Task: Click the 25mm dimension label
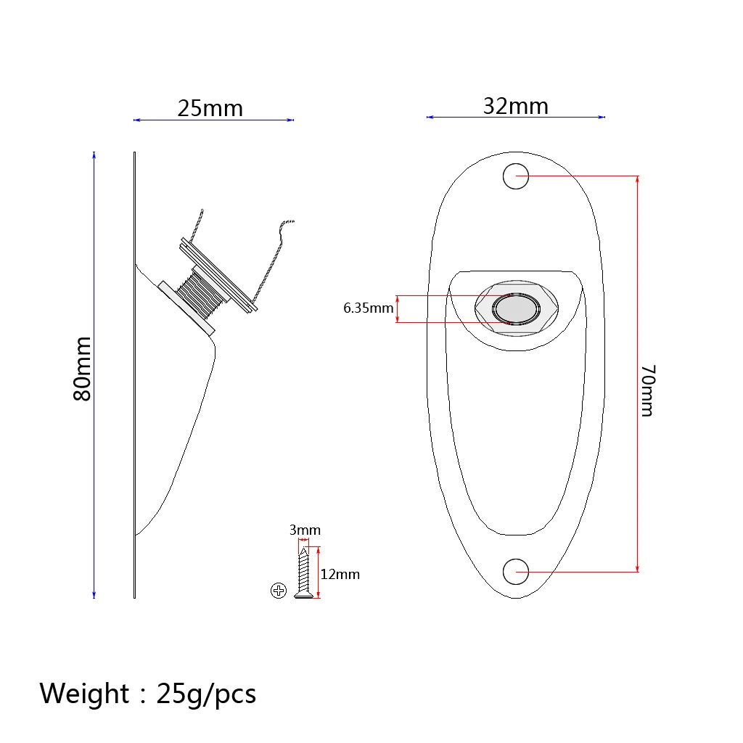[x=210, y=109]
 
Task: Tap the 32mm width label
[x=516, y=106]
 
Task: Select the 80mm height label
[x=82, y=369]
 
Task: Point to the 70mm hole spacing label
[x=648, y=390]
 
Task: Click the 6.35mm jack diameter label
[x=368, y=308]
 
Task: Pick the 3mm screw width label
[x=305, y=530]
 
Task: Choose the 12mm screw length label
[x=340, y=575]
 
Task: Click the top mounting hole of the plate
[x=516, y=176]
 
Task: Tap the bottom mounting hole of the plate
[x=516, y=572]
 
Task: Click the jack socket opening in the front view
[x=516, y=309]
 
